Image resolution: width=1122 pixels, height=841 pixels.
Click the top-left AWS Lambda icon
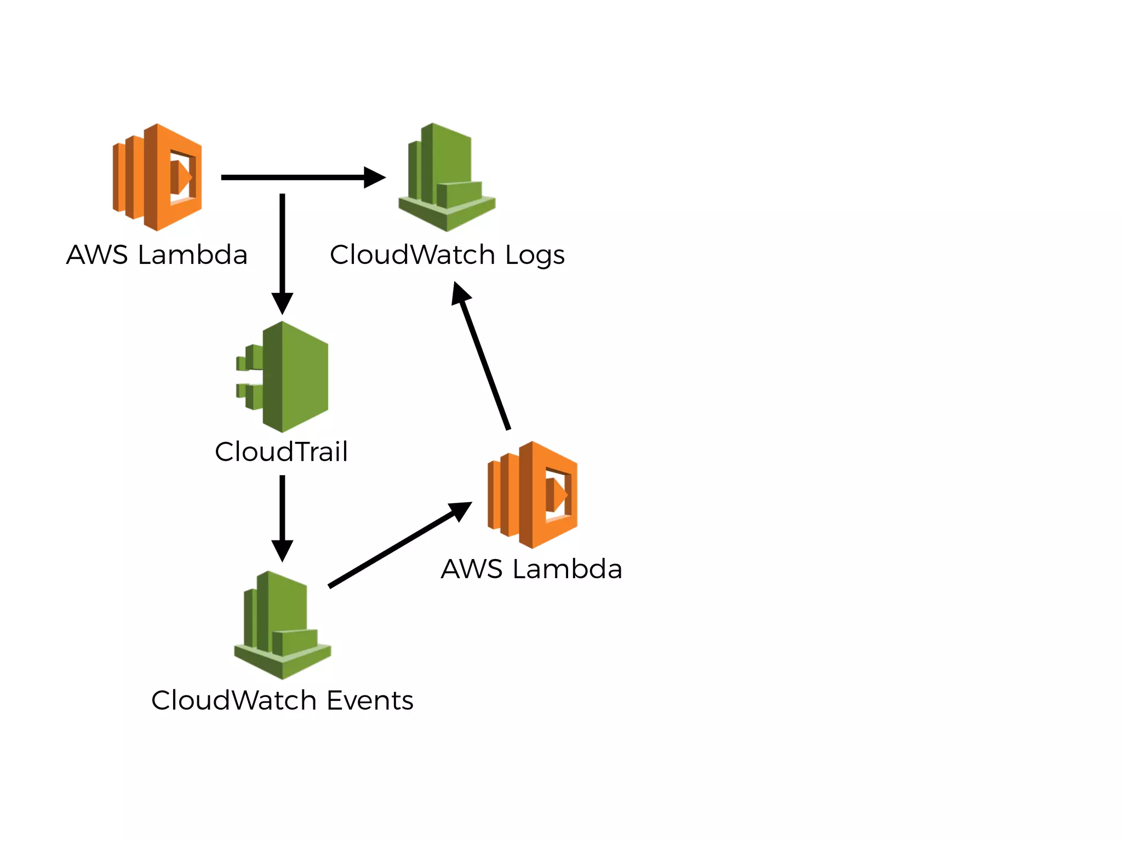pos(157,177)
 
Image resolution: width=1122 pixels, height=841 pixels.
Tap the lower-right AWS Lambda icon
pos(533,494)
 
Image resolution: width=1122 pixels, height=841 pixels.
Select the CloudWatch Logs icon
pos(446,177)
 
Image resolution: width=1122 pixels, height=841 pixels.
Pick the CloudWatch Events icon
pos(282,625)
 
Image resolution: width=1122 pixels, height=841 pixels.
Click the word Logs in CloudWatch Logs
pos(535,256)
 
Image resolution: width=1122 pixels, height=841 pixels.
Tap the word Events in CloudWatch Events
pos(370,700)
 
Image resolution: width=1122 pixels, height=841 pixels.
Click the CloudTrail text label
pos(281,452)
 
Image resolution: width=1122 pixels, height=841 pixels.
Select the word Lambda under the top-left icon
pos(192,255)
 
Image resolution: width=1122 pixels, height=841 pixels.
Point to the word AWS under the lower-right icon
pos(472,569)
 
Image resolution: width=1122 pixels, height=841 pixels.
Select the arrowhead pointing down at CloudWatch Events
pos(282,550)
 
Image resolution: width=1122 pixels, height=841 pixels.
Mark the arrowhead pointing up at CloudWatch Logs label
pos(460,293)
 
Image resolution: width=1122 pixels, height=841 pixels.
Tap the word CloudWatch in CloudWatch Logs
pos(413,255)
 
